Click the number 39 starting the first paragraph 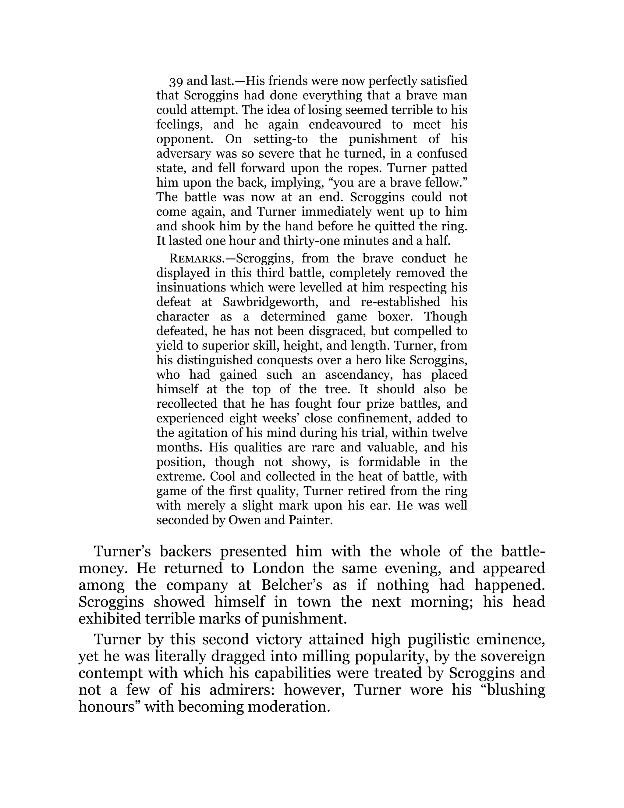[x=175, y=81]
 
